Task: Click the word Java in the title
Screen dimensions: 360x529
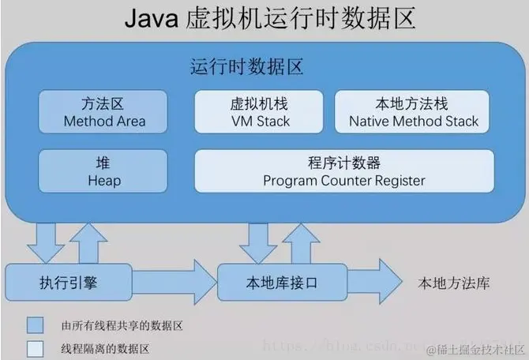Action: [x=151, y=19]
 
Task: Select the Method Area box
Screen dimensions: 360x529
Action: [x=103, y=111]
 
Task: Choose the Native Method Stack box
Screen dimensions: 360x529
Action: [x=414, y=111]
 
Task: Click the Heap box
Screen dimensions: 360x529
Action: [x=103, y=171]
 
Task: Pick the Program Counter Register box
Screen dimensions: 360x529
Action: [x=344, y=171]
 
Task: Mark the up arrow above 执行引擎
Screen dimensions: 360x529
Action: [x=89, y=242]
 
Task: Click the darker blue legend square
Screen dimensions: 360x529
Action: [x=34, y=325]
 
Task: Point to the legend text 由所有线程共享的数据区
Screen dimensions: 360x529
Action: [x=121, y=325]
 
